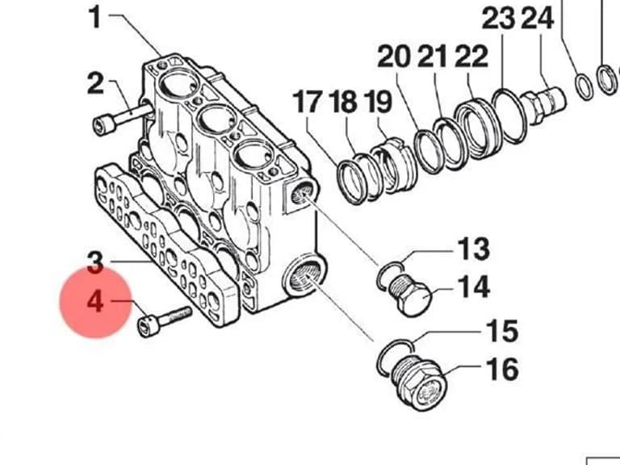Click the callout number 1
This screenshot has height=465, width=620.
pyautogui.click(x=95, y=18)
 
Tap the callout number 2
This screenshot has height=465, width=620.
pyautogui.click(x=95, y=83)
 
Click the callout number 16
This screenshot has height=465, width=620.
pyautogui.click(x=502, y=369)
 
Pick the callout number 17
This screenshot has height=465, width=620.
pyautogui.click(x=308, y=101)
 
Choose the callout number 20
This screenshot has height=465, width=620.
pyautogui.click(x=394, y=57)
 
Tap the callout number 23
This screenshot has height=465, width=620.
pyautogui.click(x=499, y=19)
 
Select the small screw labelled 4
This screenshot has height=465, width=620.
pyautogui.click(x=164, y=322)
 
